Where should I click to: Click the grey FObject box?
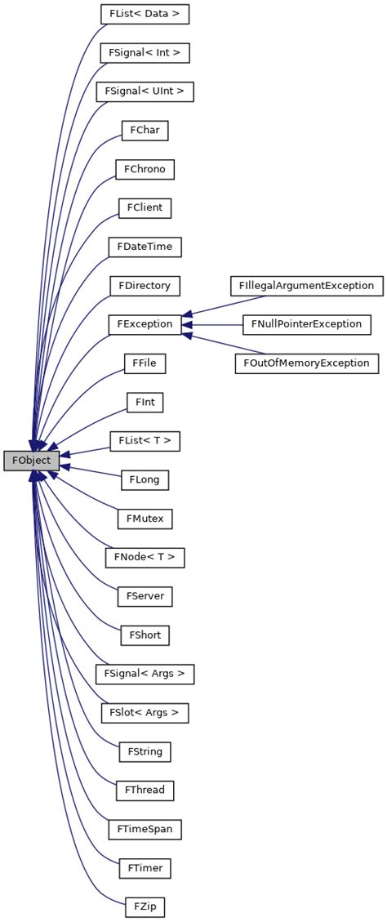tap(31, 461)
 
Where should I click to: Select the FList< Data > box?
tap(145, 15)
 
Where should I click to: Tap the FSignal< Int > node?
tap(145, 53)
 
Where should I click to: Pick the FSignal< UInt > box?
tap(145, 91)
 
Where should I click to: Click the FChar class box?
tap(145, 131)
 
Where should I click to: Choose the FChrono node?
tap(145, 169)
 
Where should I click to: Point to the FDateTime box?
tap(145, 247)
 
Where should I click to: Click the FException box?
tap(145, 324)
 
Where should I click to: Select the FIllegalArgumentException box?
tap(306, 286)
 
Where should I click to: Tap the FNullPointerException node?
tap(306, 324)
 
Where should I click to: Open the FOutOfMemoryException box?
tap(306, 363)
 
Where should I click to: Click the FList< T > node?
tap(145, 441)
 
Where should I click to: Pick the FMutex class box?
tap(145, 518)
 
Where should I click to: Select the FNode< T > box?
tap(145, 557)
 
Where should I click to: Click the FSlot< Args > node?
tap(145, 712)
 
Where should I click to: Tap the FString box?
tap(145, 751)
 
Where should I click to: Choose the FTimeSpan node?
tap(145, 828)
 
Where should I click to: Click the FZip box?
tap(145, 906)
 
